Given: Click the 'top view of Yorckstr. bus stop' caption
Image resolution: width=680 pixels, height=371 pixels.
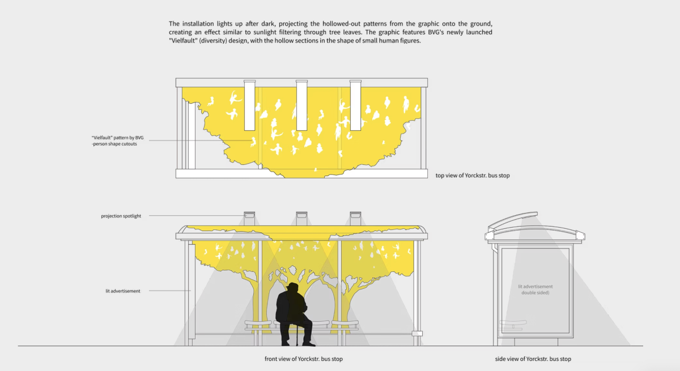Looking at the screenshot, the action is pyautogui.click(x=473, y=176).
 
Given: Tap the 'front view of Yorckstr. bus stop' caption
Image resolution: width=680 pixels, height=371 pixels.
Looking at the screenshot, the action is pyautogui.click(x=304, y=359).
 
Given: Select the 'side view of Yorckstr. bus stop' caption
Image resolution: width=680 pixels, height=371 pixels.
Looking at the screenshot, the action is pyautogui.click(x=533, y=359).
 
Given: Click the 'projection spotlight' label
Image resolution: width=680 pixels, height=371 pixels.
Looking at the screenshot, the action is pyautogui.click(x=121, y=216).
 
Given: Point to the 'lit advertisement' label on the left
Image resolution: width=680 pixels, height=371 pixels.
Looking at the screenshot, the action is pyautogui.click(x=122, y=291).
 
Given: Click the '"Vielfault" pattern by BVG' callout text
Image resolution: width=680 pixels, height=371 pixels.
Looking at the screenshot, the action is pyautogui.click(x=117, y=138).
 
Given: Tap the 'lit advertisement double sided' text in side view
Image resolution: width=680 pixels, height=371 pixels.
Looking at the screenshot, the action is pyautogui.click(x=535, y=289).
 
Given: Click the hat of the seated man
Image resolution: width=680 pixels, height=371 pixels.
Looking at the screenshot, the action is pyautogui.click(x=292, y=286).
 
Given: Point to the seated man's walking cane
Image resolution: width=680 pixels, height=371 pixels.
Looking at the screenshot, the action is pyautogui.click(x=297, y=334).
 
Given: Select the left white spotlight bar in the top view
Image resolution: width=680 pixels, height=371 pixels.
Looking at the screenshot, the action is pyautogui.click(x=249, y=105).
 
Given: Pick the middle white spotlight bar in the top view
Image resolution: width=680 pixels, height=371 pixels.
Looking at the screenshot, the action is pyautogui.click(x=301, y=105).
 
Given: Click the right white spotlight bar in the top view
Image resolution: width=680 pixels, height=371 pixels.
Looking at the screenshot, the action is pyautogui.click(x=355, y=105).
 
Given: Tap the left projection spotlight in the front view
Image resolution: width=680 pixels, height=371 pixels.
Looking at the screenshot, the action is pyautogui.click(x=249, y=219).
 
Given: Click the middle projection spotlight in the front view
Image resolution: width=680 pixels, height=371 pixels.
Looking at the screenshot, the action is pyautogui.click(x=301, y=219).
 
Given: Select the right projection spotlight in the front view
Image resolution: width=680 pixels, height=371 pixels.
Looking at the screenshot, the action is pyautogui.click(x=355, y=219).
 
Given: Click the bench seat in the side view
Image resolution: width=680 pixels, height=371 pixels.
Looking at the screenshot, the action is pyautogui.click(x=513, y=322).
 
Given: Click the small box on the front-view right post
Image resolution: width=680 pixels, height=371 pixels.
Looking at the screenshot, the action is pyautogui.click(x=417, y=334).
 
